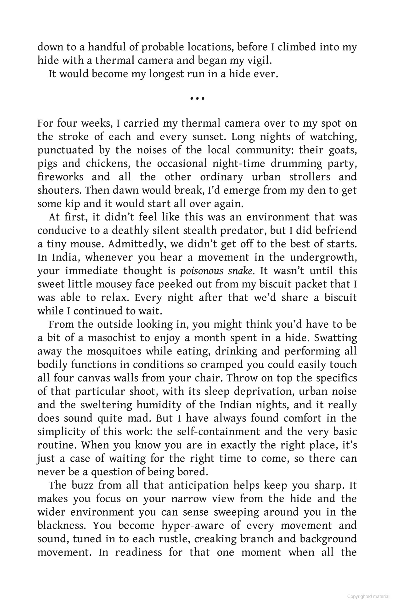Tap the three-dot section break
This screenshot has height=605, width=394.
pyautogui.click(x=197, y=99)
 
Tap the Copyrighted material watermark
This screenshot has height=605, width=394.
pyautogui.click(x=368, y=596)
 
